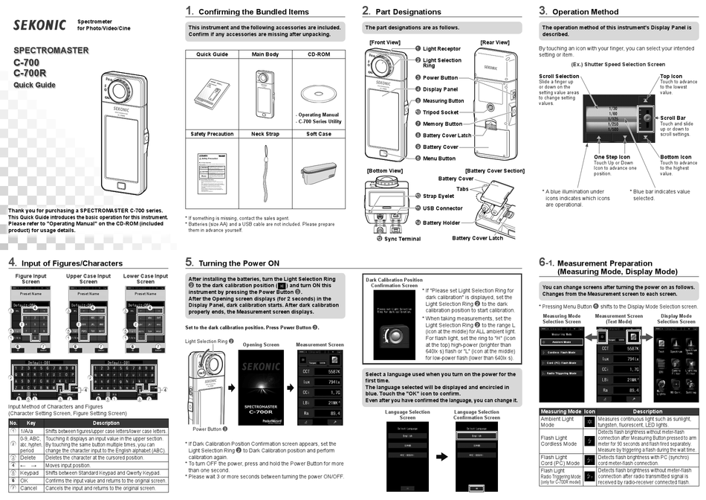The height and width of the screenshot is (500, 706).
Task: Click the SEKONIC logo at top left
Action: pyautogui.click(x=41, y=24)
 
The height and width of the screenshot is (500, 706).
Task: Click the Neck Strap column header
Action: pyautogui.click(x=265, y=134)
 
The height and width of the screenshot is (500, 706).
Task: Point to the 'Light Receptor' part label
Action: pyautogui.click(x=442, y=48)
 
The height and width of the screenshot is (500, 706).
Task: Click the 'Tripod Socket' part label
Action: pyautogui.click(x=441, y=112)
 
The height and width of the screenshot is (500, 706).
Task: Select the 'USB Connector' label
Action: pyautogui.click(x=442, y=209)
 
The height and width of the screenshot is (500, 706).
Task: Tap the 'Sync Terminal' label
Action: pyautogui.click(x=402, y=239)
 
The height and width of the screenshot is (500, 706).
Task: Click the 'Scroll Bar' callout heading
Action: pyautogui.click(x=673, y=118)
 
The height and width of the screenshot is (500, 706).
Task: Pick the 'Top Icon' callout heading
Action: pyautogui.click(x=671, y=76)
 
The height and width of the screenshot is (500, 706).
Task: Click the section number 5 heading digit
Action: pyautogui.click(x=190, y=262)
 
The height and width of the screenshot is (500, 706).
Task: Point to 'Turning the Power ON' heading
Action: pyautogui.click(x=239, y=263)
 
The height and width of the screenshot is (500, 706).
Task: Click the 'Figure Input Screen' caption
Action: pyautogui.click(x=30, y=279)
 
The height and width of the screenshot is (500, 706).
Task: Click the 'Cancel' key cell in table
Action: pyautogui.click(x=27, y=488)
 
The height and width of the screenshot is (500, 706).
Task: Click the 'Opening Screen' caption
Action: pyautogui.click(x=261, y=345)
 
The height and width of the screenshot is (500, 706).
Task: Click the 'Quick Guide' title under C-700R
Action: pyautogui.click(x=34, y=85)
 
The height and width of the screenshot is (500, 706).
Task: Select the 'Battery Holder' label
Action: pyautogui.click(x=441, y=222)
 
